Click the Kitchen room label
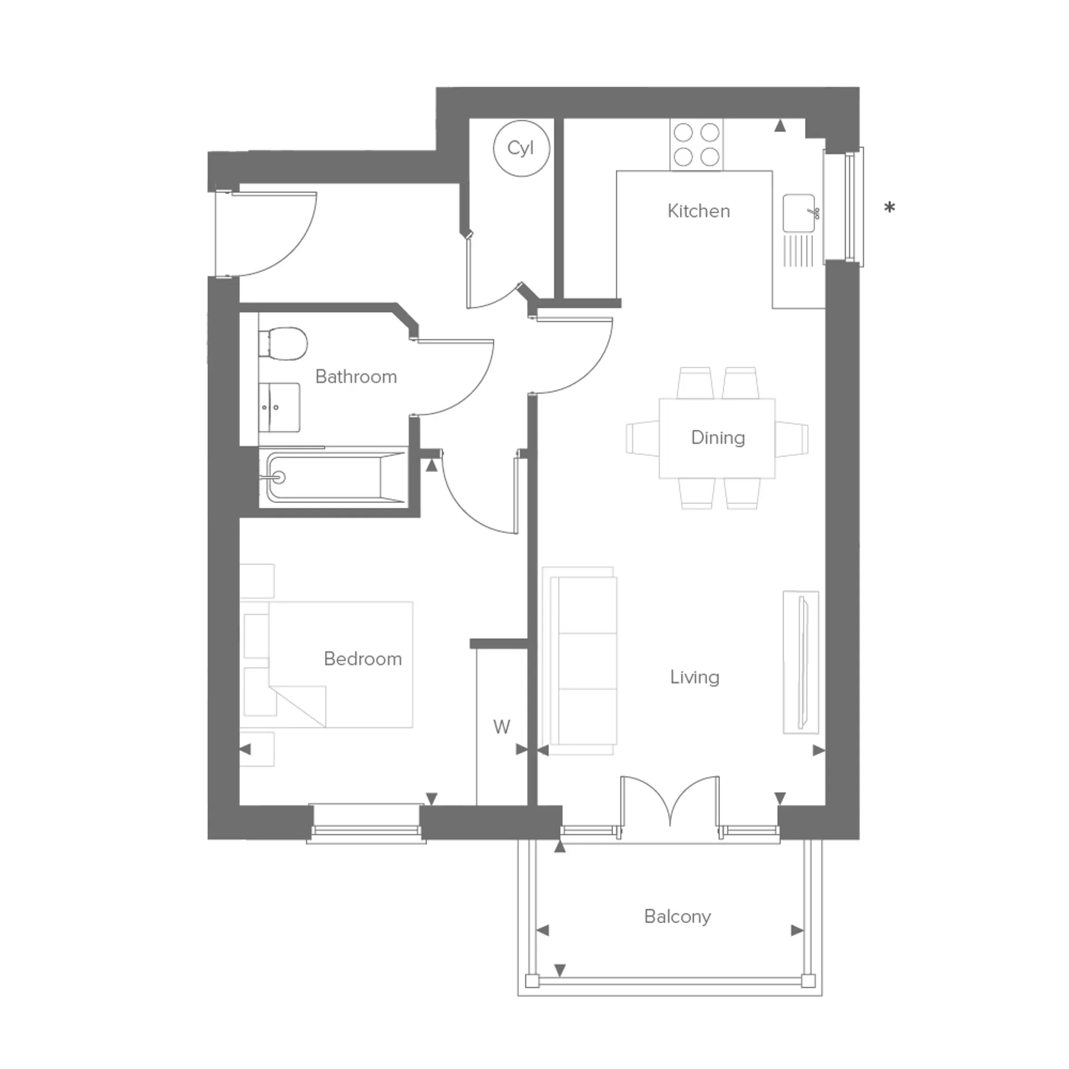click(x=699, y=211)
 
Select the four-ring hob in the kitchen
click(x=697, y=145)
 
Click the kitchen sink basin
click(x=798, y=213)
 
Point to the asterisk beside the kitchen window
click(x=890, y=208)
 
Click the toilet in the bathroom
click(x=283, y=343)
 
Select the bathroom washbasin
click(x=279, y=406)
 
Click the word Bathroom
click(x=356, y=377)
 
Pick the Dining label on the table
click(x=718, y=438)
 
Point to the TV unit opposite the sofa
click(x=801, y=662)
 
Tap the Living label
click(x=695, y=678)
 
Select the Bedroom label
click(x=363, y=659)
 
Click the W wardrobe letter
click(x=502, y=727)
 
